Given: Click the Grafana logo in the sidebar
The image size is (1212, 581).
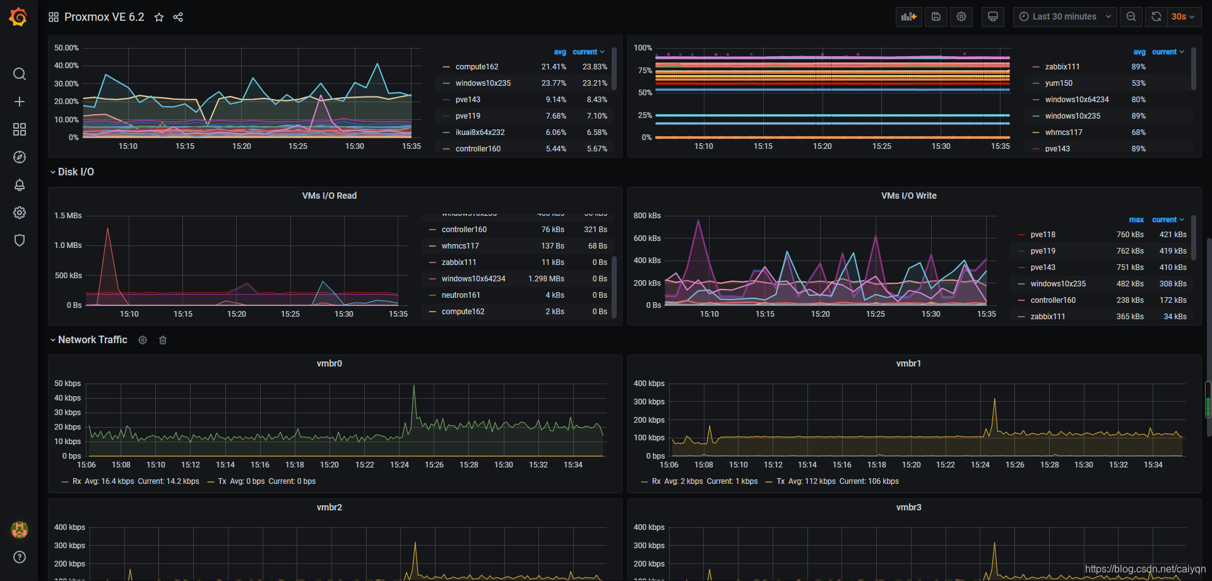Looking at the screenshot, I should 18,17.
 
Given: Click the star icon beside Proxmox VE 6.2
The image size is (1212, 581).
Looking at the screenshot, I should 159,17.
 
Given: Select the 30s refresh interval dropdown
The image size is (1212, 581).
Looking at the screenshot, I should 1182,17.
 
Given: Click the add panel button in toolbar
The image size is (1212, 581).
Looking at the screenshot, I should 908,17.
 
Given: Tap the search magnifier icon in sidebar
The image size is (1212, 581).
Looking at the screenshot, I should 20,74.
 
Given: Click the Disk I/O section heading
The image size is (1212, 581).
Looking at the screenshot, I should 76,172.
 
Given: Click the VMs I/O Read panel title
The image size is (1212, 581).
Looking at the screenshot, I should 329,196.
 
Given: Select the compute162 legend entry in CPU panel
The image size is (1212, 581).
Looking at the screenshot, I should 477,67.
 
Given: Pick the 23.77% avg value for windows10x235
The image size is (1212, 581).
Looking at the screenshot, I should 554,83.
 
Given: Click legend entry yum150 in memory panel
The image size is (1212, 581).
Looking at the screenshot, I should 1058,83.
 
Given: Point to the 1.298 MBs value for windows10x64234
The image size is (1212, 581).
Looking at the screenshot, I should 546,279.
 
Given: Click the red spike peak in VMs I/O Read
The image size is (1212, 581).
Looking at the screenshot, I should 108,228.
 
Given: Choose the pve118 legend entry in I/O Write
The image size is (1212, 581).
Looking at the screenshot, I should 1042,235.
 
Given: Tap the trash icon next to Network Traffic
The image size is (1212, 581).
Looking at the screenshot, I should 163,340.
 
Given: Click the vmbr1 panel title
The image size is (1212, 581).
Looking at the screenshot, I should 908,363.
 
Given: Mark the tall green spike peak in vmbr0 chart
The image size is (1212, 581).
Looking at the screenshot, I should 414,386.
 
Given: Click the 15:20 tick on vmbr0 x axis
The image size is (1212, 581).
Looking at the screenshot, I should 330,465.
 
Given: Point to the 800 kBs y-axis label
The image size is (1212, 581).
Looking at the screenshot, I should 647,216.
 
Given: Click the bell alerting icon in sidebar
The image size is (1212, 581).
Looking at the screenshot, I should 20,185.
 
